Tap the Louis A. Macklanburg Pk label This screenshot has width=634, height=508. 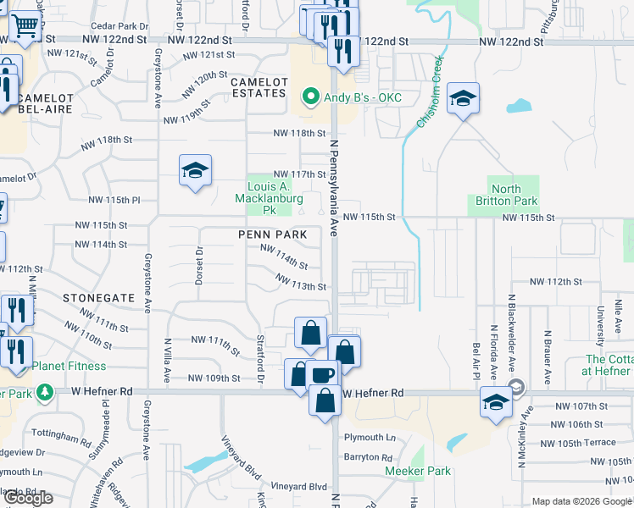tap(269, 197)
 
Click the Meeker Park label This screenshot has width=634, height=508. tap(418, 471)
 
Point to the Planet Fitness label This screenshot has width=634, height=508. tap(70, 367)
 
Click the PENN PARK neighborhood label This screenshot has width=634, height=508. tap(272, 234)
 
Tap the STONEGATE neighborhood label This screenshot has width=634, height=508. tap(99, 298)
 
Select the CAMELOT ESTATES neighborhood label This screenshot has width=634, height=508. tap(259, 87)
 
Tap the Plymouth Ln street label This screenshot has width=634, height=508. tap(370, 438)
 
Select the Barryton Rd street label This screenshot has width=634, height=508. tap(367, 457)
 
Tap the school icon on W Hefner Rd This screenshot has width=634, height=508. tap(496, 401)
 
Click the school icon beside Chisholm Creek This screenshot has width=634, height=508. tap(464, 98)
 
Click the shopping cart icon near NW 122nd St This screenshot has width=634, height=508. tap(25, 26)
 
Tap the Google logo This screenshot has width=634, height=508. tap(28, 498)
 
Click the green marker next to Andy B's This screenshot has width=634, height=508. tap(310, 97)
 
